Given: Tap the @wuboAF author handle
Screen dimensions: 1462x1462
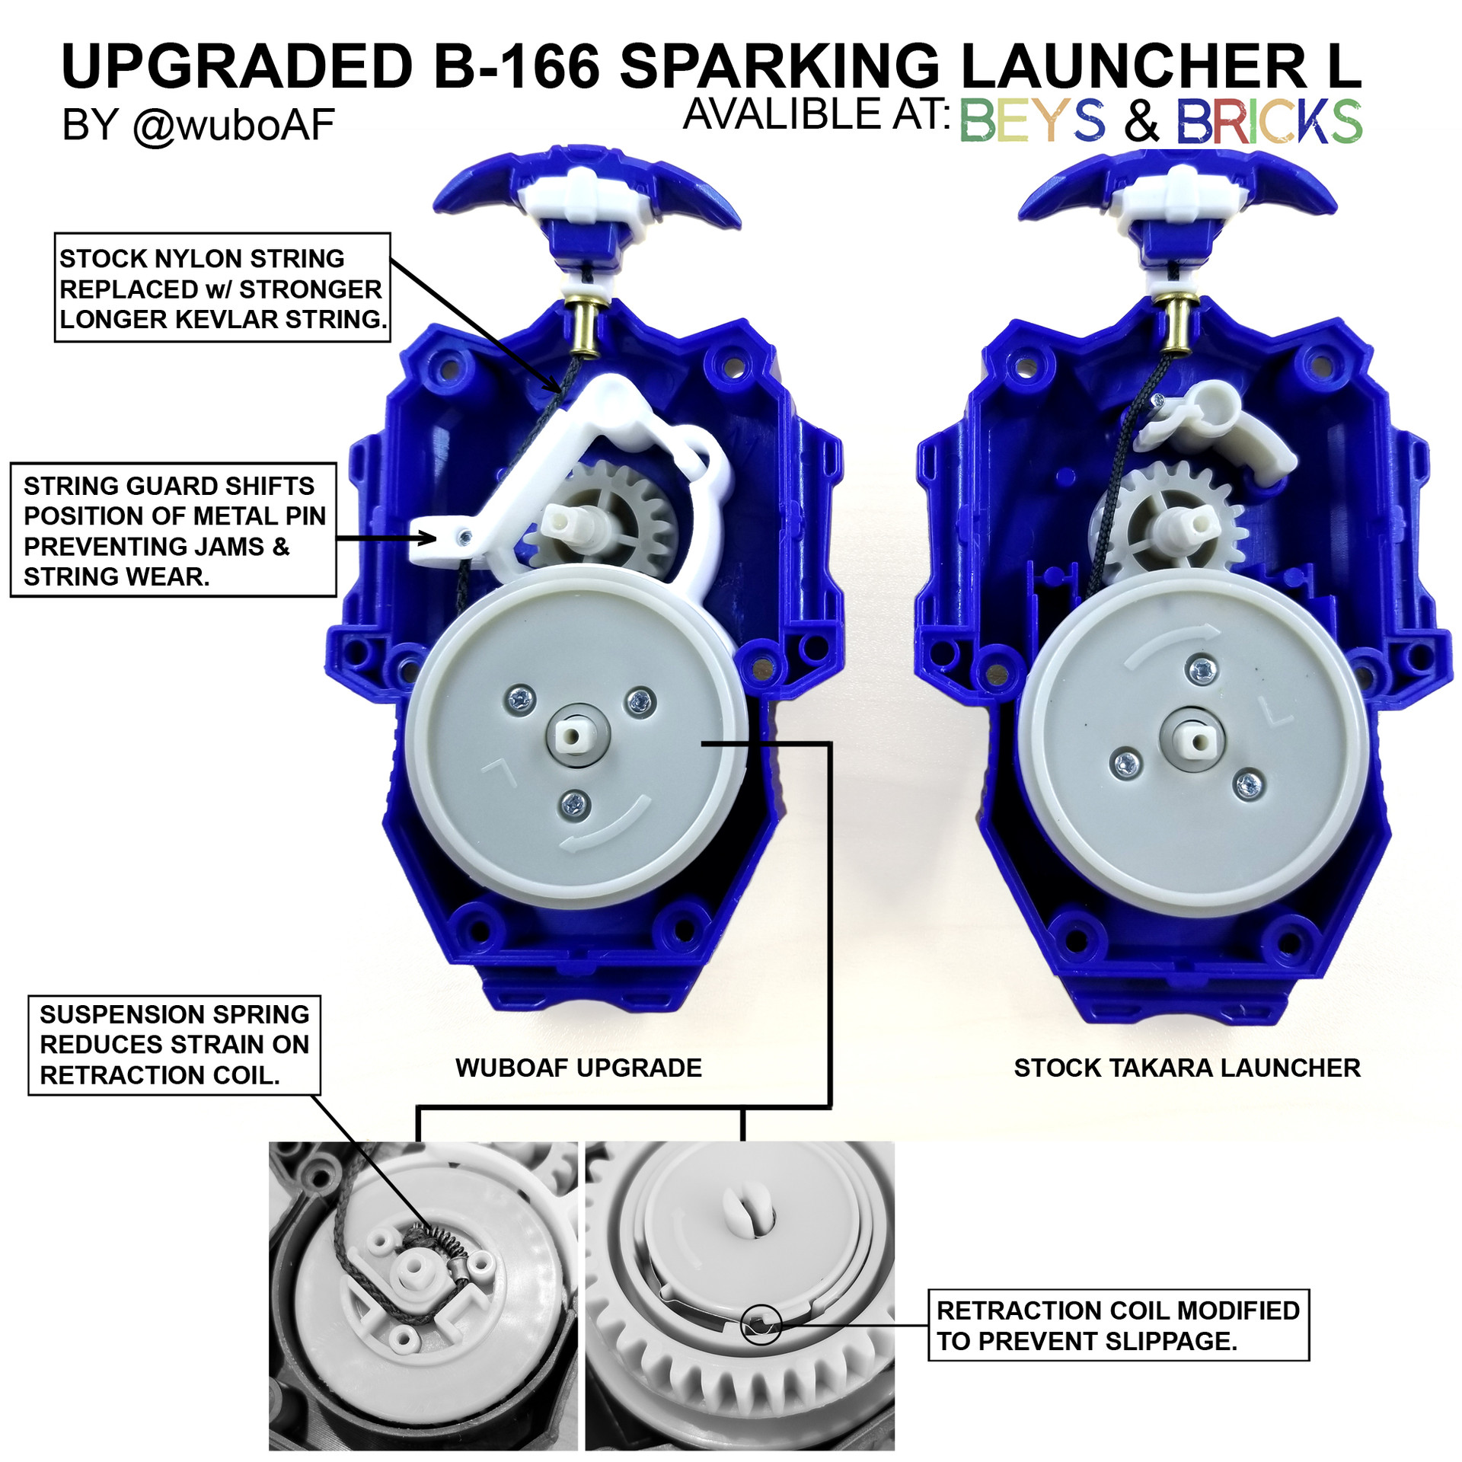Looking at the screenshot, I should [234, 125].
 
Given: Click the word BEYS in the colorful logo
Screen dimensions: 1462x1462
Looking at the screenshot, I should [1032, 121].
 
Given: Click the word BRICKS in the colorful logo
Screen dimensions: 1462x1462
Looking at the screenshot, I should [1269, 121].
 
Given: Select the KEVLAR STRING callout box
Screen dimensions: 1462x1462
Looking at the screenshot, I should [222, 289].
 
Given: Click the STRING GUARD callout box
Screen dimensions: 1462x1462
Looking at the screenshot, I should [174, 531].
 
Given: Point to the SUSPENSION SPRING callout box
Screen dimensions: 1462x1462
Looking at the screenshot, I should [174, 1044].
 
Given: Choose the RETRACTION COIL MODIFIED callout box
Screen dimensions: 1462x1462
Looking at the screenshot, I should [1117, 1325].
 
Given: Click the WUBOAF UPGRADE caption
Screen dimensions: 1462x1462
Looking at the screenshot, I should [578, 1068].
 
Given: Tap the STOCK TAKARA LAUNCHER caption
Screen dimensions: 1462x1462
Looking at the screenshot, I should [1186, 1068].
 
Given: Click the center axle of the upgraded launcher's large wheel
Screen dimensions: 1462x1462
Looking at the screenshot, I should [576, 736].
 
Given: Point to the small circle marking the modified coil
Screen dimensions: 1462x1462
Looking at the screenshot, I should [761, 1325].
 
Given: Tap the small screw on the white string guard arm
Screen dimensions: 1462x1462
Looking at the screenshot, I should [464, 538].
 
